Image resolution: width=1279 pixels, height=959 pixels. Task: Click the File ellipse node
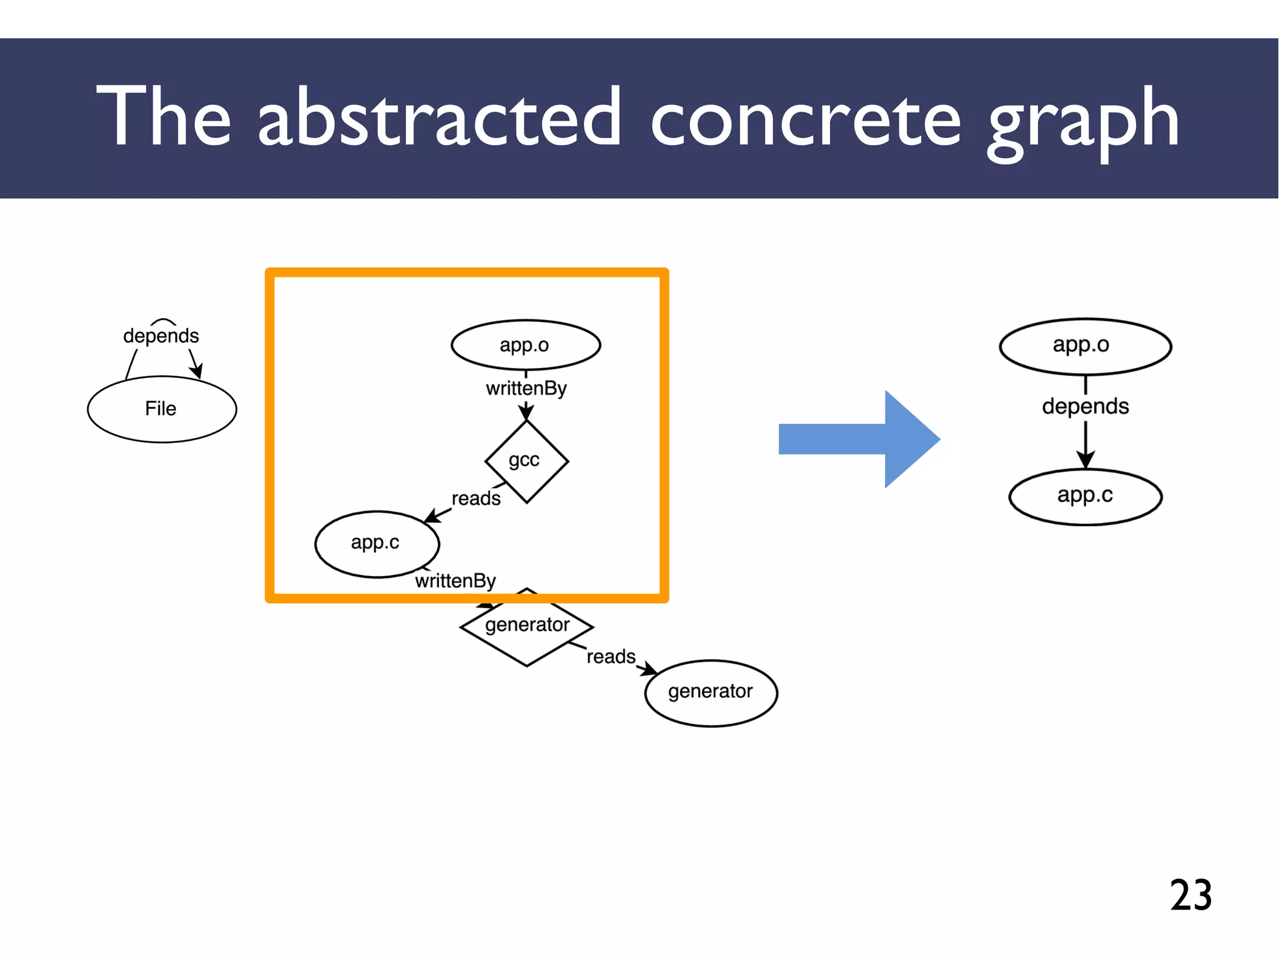(162, 409)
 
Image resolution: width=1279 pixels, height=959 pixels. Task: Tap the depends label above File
(160, 336)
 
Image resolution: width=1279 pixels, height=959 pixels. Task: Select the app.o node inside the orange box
(525, 345)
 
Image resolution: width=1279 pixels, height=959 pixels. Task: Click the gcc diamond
(526, 461)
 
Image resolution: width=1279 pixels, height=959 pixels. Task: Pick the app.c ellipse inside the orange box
(377, 544)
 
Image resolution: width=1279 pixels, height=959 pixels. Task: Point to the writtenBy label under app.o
(526, 389)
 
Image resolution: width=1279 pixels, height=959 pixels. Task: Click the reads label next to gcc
(476, 499)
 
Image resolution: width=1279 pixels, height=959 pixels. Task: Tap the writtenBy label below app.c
(455, 581)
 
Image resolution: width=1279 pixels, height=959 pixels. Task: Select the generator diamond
(526, 627)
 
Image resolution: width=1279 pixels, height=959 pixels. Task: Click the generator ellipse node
(711, 692)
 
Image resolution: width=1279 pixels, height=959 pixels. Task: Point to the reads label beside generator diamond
(611, 657)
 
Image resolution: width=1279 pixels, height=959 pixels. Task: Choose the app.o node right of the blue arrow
(1085, 346)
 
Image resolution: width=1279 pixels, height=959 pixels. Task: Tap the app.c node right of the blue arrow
(1085, 497)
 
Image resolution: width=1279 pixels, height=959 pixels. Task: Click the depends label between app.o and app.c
(1085, 407)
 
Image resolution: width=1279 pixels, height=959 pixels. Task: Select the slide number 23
(1190, 895)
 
